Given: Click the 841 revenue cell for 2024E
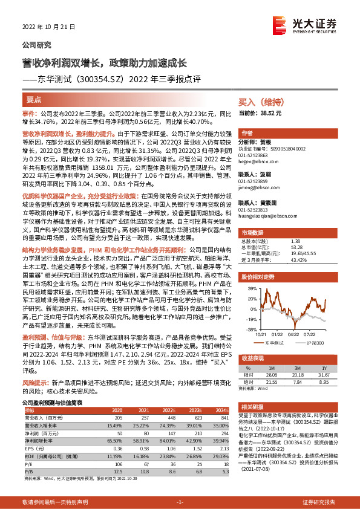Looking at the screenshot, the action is click(225, 417).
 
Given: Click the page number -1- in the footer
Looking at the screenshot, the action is click(179, 502).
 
